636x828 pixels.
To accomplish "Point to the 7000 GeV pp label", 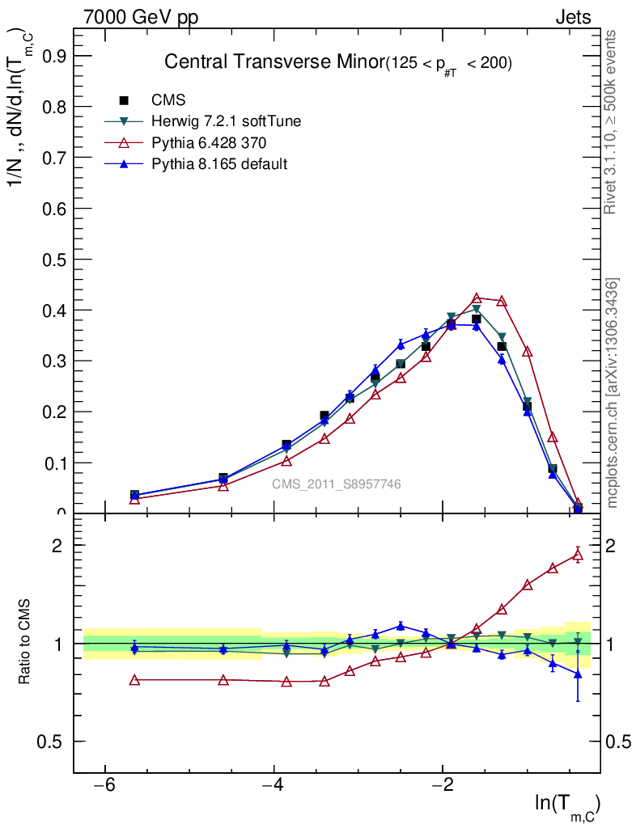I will click(x=141, y=17).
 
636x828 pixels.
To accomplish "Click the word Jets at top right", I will click(x=572, y=17).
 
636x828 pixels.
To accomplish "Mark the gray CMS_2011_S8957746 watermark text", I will click(x=336, y=484).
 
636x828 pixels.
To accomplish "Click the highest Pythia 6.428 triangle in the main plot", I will click(x=477, y=298).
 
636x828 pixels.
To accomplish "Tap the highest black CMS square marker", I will click(x=477, y=319).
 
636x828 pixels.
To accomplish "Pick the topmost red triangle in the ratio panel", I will click(x=578, y=554).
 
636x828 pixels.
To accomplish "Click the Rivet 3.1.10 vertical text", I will click(x=611, y=121).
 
